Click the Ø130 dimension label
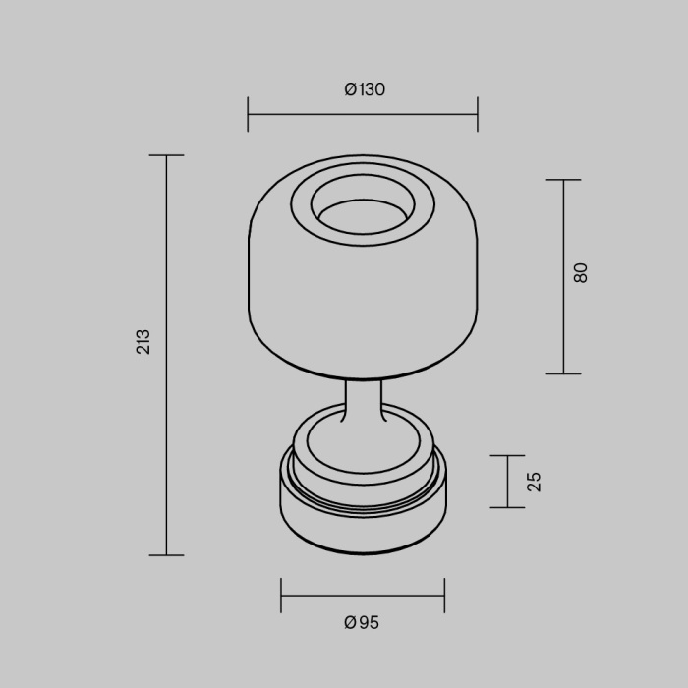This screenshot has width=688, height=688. [x=365, y=89]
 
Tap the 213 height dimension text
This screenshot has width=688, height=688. [x=143, y=341]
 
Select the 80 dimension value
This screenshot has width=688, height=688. [x=580, y=273]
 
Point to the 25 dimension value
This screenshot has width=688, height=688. [x=534, y=482]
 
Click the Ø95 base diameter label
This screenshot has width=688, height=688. [x=362, y=622]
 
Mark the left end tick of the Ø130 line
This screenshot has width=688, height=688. [x=248, y=114]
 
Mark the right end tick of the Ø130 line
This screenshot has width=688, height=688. [x=478, y=114]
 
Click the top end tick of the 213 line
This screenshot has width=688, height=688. [x=167, y=155]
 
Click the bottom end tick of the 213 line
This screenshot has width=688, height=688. [x=167, y=555]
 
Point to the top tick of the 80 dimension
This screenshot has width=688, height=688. [x=563, y=180]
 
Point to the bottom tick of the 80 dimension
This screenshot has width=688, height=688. [x=563, y=373]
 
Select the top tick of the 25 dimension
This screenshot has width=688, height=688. [x=507, y=456]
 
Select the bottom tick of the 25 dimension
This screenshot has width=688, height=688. [x=507, y=507]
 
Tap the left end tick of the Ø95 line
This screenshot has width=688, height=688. [x=281, y=596]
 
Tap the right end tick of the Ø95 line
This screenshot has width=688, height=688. [x=444, y=596]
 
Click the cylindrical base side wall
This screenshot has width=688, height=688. [x=363, y=526]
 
